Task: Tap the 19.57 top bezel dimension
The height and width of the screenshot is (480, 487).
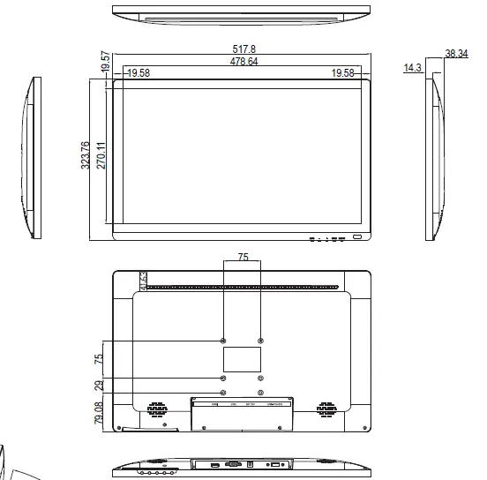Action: coord(105,62)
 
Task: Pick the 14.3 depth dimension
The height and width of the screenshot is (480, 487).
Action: coord(412,67)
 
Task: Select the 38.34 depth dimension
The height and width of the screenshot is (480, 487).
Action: coord(456,54)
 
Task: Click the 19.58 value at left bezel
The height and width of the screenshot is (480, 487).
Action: coord(138,74)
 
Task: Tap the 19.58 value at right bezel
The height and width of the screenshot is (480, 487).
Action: coord(342,74)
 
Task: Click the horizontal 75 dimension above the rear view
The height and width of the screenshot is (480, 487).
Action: coord(242,258)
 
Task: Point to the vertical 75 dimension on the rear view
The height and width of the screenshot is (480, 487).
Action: coord(99,359)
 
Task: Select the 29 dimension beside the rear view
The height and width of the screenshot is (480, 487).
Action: coord(99,385)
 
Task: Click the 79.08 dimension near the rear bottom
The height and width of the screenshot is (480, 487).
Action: coord(99,412)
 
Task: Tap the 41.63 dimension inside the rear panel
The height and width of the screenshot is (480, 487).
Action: coord(143,279)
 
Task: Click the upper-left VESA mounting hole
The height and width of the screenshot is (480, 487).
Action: coord(223,341)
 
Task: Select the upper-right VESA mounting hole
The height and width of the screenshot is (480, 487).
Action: coord(260,341)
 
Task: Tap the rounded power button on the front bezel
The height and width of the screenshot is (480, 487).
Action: coord(358,237)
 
